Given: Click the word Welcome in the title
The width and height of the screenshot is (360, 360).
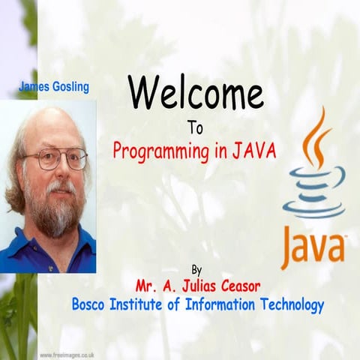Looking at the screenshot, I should tap(196, 94).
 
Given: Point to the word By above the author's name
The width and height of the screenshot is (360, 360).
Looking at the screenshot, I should tap(196, 269).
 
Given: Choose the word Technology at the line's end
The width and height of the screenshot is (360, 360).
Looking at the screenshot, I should tap(292, 305).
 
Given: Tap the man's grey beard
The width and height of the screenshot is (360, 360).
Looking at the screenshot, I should tap(52, 214).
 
